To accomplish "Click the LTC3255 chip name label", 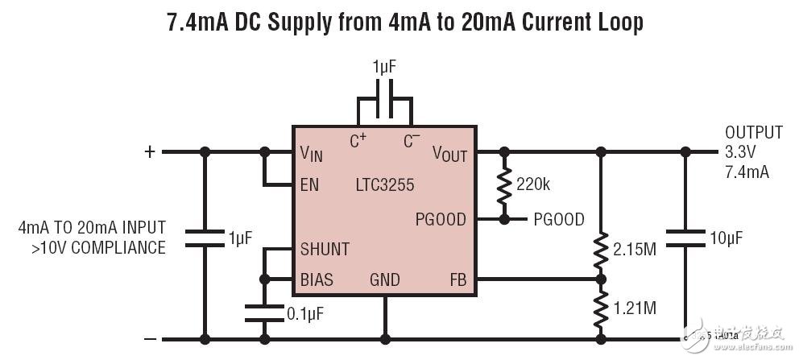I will click(385, 185).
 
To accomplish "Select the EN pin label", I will click(309, 185).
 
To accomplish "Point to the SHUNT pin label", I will click(325, 249).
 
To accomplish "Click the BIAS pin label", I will click(317, 280).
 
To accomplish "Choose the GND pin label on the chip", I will click(385, 280).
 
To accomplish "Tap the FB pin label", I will click(457, 280).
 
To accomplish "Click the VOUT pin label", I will click(449, 153).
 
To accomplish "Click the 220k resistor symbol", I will click(505, 185).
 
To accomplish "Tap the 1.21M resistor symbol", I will click(601, 308).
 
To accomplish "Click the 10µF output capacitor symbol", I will click(685, 238).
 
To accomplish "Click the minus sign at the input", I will click(148, 339).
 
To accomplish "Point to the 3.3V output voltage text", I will click(742, 151).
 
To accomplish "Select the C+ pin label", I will click(358, 141).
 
